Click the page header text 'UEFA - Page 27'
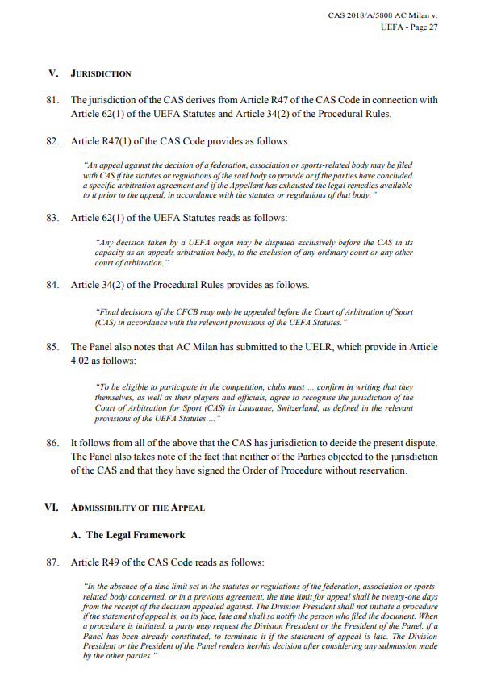[409, 27]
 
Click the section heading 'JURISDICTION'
[101, 74]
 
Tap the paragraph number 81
[53, 101]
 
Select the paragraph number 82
[53, 140]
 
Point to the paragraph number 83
[53, 219]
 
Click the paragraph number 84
[53, 285]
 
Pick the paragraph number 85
[53, 347]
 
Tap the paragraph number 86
[53, 444]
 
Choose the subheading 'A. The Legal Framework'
[136, 535]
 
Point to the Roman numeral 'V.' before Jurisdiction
[53, 74]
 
